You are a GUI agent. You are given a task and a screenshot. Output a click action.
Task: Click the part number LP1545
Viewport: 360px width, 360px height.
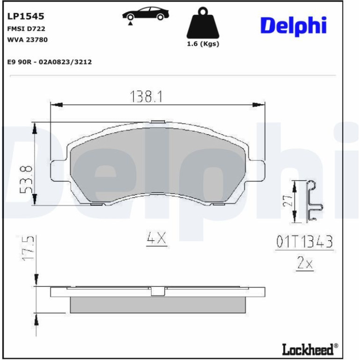pos(26,16)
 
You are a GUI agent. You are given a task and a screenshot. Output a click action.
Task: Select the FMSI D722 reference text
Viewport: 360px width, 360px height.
pos(26,29)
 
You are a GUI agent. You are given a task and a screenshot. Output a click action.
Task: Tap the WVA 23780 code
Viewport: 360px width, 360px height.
pos(27,40)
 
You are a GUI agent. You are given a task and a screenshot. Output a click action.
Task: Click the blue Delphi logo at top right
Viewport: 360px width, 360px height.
pos(293,26)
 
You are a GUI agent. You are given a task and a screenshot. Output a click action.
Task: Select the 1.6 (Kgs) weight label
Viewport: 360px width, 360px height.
pos(203,43)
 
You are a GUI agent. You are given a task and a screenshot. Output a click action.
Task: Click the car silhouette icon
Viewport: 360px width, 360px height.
pos(145,14)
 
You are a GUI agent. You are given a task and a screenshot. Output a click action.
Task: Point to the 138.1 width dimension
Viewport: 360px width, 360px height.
pos(146,96)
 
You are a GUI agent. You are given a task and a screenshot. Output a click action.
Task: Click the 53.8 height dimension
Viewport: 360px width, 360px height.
pos(26,179)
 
